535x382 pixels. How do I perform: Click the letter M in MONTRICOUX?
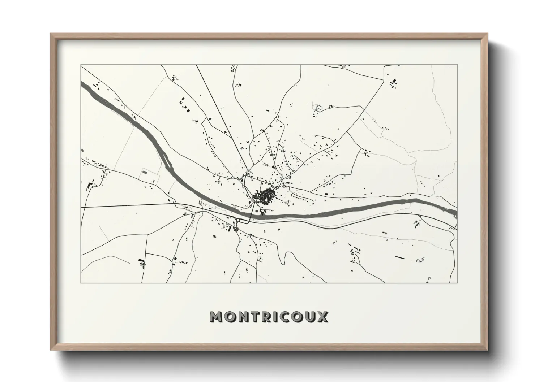(217, 317)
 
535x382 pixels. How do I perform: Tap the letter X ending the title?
(323, 317)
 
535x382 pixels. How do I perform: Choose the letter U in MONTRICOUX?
(310, 317)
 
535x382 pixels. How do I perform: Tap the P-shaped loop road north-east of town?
(318, 108)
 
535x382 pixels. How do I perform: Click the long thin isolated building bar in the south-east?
(399, 257)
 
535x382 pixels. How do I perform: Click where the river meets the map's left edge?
(82, 85)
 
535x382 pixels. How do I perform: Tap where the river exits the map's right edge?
(456, 213)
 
